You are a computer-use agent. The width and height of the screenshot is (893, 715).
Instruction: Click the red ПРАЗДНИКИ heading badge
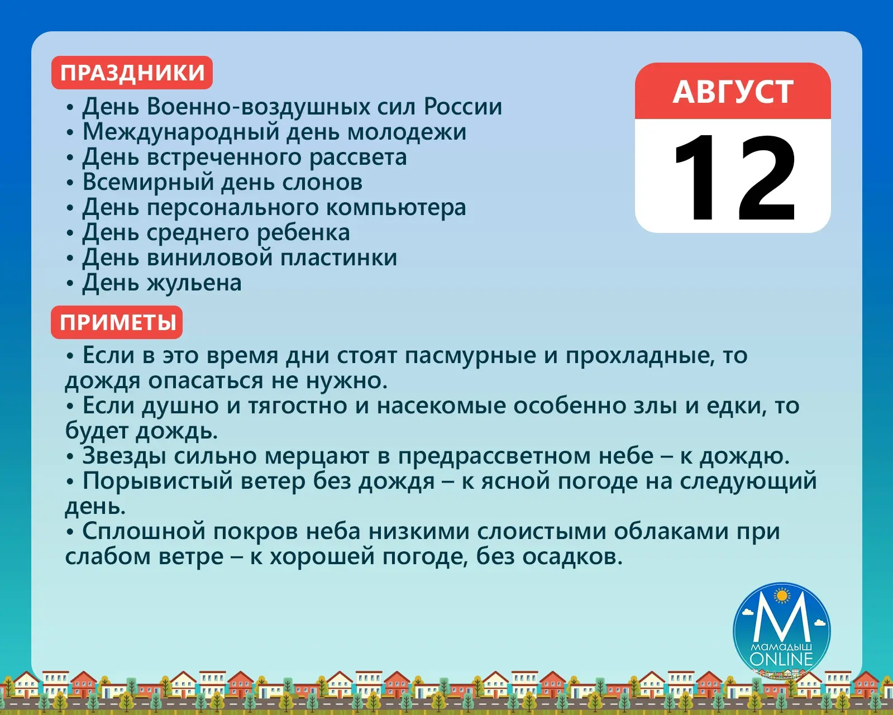click(132, 73)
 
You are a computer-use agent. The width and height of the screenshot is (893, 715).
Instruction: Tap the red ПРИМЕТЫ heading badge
click(117, 322)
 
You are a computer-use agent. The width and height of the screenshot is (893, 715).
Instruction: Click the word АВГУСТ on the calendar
click(733, 92)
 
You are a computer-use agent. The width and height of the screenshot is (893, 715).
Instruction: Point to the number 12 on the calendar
click(734, 179)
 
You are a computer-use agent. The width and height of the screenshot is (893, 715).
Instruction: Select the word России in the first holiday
click(462, 106)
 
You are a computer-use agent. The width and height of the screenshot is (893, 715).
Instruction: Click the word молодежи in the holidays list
click(407, 132)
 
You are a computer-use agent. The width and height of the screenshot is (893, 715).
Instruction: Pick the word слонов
click(322, 182)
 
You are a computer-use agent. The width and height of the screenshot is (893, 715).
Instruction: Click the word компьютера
click(396, 208)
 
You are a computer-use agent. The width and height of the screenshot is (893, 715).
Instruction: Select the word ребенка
click(303, 232)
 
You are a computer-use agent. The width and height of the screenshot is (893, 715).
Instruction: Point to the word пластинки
click(338, 258)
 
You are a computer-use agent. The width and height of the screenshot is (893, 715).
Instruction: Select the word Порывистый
click(157, 482)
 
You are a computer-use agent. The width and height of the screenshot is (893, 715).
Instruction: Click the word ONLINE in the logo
click(781, 659)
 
